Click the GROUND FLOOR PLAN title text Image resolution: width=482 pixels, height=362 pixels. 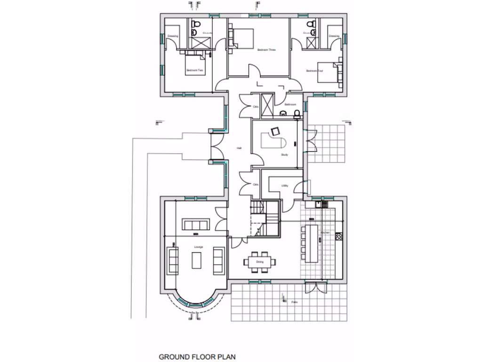point(197,357)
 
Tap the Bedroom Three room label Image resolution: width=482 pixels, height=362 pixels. point(266,49)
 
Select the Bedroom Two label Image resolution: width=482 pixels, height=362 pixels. point(195,71)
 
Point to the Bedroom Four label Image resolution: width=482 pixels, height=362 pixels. point(315,71)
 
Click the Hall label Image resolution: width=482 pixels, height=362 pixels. point(239,148)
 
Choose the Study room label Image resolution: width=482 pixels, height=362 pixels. point(284,155)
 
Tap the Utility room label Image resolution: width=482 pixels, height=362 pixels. point(285,186)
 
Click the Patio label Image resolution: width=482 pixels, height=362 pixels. point(294,302)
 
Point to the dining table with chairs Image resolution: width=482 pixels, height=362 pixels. point(260,262)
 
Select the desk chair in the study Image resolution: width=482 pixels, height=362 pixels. point(274,132)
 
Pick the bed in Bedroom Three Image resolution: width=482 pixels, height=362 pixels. point(241,37)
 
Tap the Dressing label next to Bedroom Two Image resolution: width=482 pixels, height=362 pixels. point(172,36)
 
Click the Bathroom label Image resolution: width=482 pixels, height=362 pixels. point(290,104)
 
